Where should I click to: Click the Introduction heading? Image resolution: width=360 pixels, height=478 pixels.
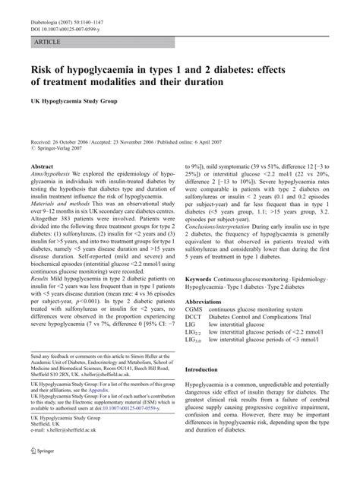(207, 369)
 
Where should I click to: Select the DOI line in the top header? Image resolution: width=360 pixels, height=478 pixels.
(67, 14)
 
